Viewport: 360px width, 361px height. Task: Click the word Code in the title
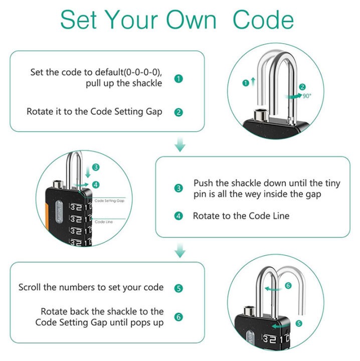tap(263, 20)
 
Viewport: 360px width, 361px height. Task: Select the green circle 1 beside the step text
tap(178, 79)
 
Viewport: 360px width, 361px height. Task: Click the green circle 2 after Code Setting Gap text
tap(178, 112)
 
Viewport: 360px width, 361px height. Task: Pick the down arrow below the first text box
tap(180, 145)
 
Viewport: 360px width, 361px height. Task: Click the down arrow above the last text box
tap(180, 251)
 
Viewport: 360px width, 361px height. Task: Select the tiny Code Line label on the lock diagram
tap(103, 221)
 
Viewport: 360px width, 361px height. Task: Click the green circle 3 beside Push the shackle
tap(178, 189)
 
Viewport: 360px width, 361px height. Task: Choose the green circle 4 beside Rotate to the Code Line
tap(178, 216)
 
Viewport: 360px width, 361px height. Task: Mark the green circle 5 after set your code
tap(178, 288)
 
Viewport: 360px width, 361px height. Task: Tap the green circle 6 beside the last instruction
tap(178, 317)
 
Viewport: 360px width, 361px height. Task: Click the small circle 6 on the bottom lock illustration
tap(288, 285)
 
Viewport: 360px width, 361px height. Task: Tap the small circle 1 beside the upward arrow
tap(245, 83)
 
